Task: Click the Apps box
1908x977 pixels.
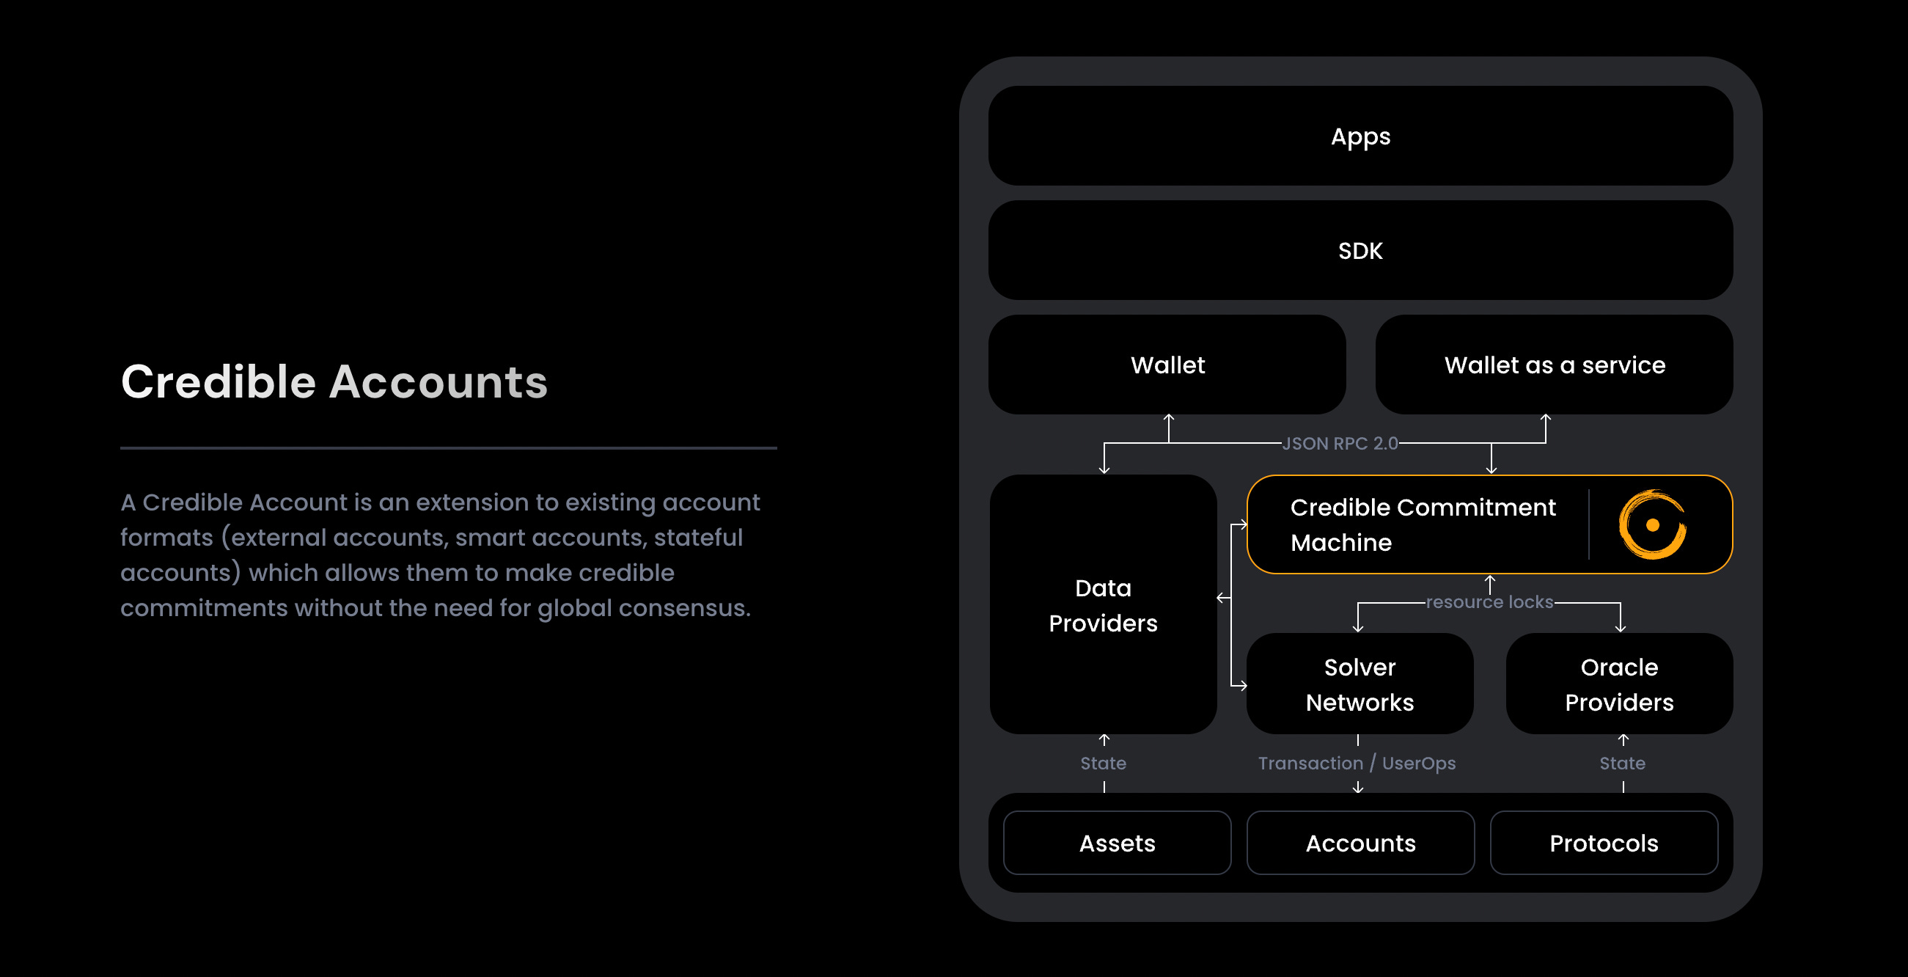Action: click(x=1360, y=136)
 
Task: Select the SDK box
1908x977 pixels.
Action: click(x=1360, y=250)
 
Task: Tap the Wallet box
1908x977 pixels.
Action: click(x=1167, y=365)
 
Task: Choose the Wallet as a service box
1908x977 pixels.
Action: click(x=1554, y=365)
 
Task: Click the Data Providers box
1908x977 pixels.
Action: click(x=1103, y=604)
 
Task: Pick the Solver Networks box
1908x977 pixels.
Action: click(x=1360, y=684)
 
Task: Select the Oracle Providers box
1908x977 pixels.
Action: click(x=1619, y=684)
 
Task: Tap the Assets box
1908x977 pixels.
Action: click(x=1117, y=843)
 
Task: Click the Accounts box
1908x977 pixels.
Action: click(x=1360, y=843)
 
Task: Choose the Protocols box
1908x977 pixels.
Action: click(x=1604, y=843)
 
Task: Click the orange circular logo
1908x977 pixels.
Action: click(x=1652, y=524)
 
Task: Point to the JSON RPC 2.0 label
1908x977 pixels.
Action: click(x=1340, y=443)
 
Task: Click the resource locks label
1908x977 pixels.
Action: click(x=1489, y=601)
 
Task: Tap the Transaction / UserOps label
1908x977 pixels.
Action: click(x=1357, y=763)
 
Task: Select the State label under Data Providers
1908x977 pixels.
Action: click(x=1103, y=763)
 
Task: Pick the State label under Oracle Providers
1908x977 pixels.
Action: click(x=1622, y=763)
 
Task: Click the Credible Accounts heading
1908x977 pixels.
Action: click(x=334, y=382)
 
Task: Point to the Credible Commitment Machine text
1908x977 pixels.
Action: click(x=1422, y=524)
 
